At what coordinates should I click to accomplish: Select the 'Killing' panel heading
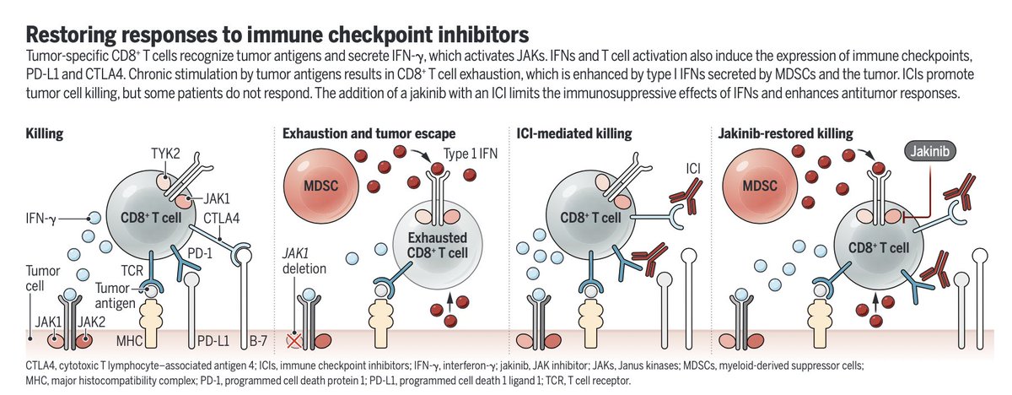[x=45, y=133]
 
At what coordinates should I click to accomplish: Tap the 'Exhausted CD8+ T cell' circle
[x=432, y=242]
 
